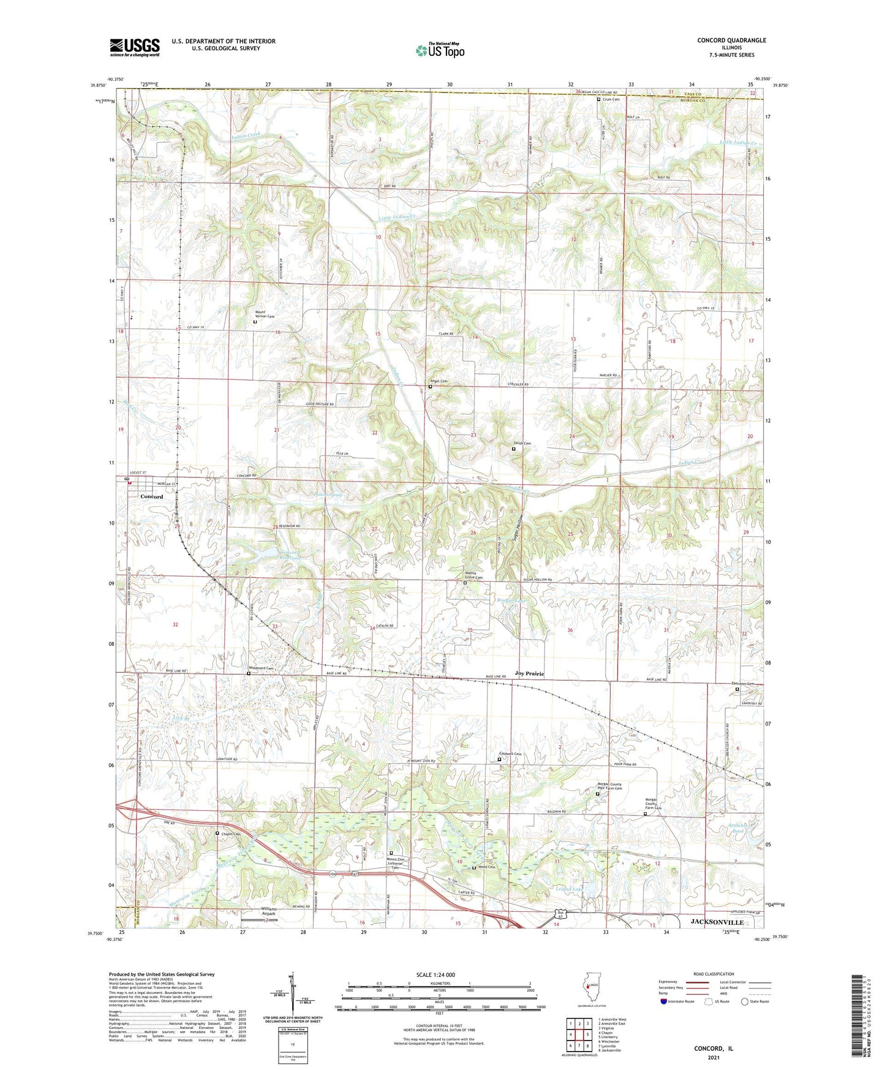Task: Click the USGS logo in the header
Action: click(135, 47)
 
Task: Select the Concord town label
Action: click(151, 496)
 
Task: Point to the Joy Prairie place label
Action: click(529, 673)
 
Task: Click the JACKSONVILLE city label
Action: click(717, 922)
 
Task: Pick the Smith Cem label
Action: click(522, 443)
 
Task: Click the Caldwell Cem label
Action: click(510, 754)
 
